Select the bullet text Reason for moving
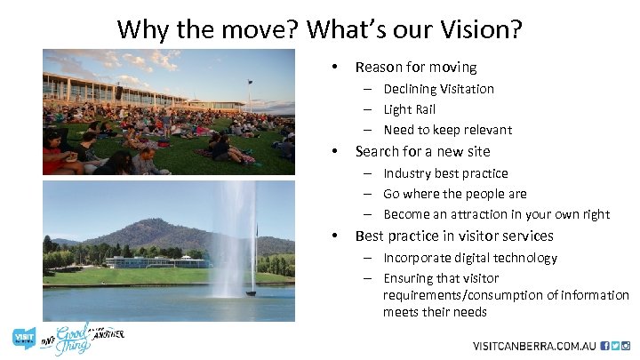pos(415,67)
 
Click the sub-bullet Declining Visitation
pos(438,89)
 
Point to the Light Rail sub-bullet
pos(410,109)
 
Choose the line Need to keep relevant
pos(447,130)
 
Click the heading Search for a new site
pos(422,151)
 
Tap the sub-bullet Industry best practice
pos(445,173)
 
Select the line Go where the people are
pos(454,194)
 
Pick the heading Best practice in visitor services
pos(453,236)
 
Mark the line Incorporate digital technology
pos(470,258)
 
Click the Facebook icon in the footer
pos(605,346)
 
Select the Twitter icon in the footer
pos(615,346)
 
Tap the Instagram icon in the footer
pos(626,346)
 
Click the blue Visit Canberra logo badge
pos(23,338)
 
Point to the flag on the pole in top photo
pos(251,84)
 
